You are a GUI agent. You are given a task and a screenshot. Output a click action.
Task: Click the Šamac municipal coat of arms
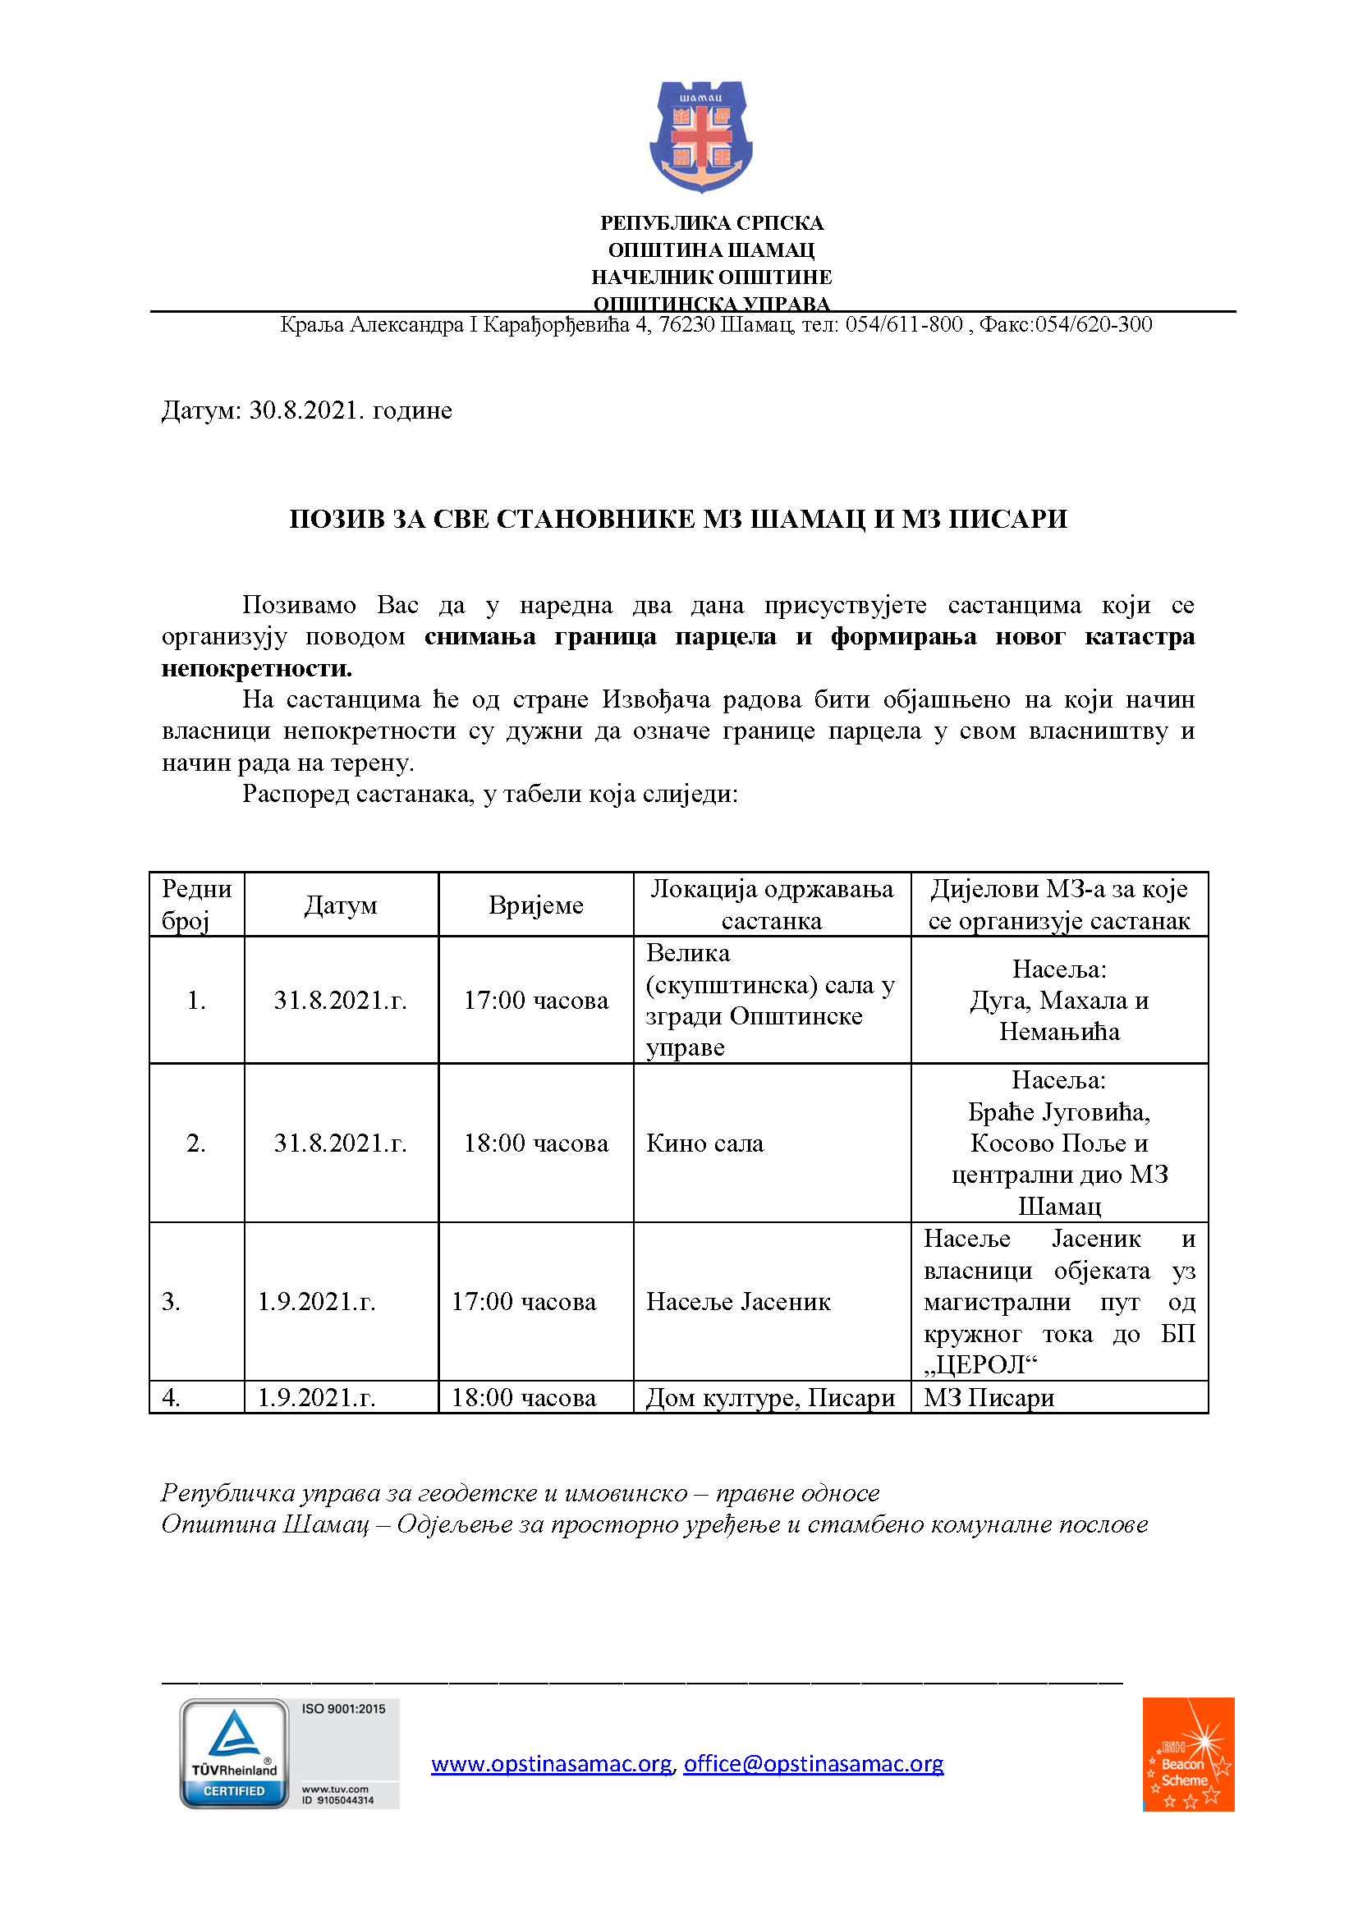tap(700, 136)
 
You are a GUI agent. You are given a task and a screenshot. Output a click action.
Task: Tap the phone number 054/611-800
tap(903, 324)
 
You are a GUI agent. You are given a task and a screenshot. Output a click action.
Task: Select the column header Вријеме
tap(536, 905)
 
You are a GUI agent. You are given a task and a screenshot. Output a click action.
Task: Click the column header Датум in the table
tap(341, 905)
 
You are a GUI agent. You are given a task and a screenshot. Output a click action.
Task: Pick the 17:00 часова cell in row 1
tap(536, 1000)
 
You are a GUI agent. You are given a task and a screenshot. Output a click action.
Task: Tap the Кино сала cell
tap(705, 1143)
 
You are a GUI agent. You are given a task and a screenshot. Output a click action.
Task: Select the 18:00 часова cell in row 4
tap(524, 1397)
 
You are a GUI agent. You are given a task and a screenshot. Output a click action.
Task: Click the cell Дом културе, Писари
tap(770, 1397)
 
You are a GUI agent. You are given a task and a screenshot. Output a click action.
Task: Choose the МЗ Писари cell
tap(989, 1397)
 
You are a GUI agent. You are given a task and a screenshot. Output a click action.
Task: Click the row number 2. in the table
tap(195, 1143)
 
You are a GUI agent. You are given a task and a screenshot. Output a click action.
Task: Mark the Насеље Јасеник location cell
tap(738, 1302)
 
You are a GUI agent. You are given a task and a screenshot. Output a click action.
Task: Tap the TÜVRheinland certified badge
tap(234, 1753)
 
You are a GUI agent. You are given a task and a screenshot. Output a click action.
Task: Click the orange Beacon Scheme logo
tap(1187, 1753)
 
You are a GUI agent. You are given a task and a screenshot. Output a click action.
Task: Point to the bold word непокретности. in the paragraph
tap(257, 668)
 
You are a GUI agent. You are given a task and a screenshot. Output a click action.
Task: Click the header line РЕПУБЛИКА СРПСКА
tap(712, 223)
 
